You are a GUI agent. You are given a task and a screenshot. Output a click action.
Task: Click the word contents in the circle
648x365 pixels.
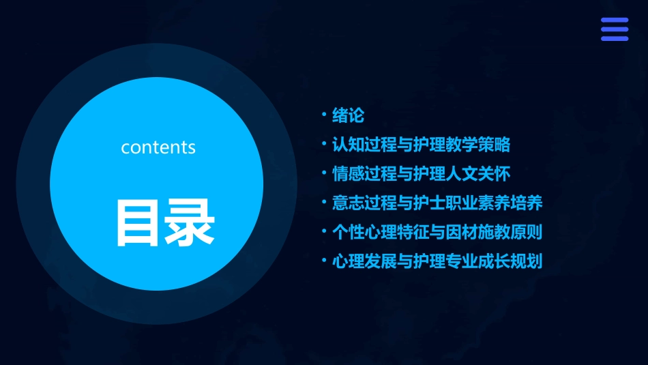(x=158, y=147)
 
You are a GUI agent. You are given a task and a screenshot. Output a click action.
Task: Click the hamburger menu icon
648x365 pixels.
(x=614, y=29)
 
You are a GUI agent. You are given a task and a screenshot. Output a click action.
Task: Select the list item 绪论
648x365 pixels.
(x=348, y=116)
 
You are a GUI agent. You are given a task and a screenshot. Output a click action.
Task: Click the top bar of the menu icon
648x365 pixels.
(x=614, y=20)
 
